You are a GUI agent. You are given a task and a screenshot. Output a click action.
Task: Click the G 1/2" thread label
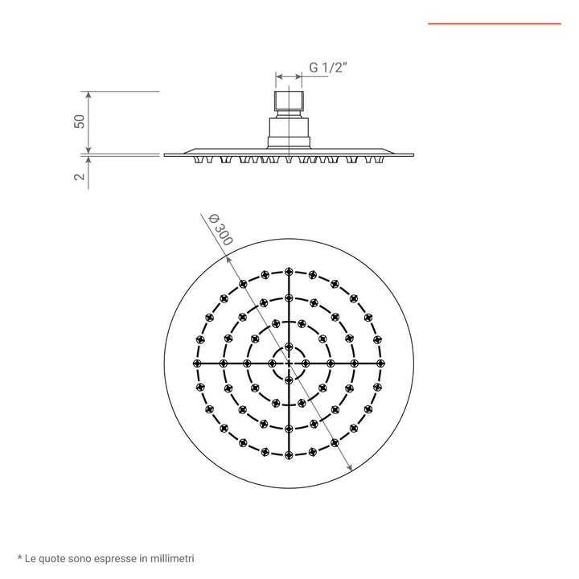tap(328, 69)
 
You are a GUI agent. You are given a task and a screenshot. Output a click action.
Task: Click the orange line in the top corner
tap(494, 24)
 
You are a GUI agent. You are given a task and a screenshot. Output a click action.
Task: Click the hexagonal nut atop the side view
tap(289, 103)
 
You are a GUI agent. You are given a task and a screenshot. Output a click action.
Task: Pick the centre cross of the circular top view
tap(289, 363)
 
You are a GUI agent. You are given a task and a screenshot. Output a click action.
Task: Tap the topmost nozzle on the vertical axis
tap(289, 271)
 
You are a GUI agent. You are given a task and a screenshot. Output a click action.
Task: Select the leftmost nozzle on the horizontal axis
tap(196, 363)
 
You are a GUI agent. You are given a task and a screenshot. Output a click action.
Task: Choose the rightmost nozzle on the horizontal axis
tap(381, 363)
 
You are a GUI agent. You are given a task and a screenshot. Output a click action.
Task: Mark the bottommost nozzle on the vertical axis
tap(289, 456)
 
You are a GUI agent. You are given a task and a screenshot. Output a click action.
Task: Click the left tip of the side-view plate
tap(166, 155)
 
